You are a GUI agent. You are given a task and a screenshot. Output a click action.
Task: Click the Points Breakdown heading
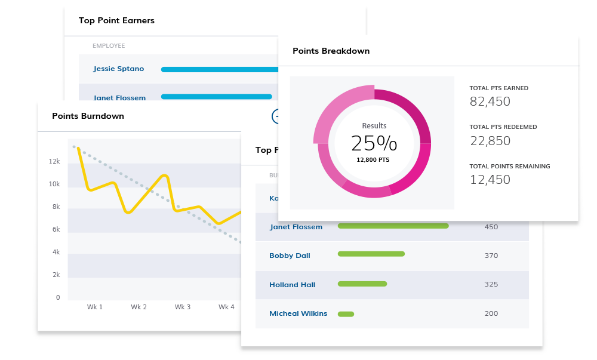[x=331, y=51]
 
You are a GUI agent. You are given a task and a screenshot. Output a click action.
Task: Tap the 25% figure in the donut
[x=374, y=143]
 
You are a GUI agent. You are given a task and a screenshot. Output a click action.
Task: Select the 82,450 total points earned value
[x=490, y=101]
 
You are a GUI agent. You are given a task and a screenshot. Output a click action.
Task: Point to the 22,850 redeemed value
[x=490, y=140]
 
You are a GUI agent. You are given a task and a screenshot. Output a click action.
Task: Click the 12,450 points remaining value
[x=490, y=179]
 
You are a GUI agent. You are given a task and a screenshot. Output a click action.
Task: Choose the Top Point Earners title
[x=116, y=20]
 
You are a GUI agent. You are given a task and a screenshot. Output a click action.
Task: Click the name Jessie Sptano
[x=118, y=69]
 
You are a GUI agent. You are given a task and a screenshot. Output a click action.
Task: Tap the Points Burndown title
[x=88, y=116]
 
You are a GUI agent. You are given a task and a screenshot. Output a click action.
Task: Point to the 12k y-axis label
[x=54, y=161]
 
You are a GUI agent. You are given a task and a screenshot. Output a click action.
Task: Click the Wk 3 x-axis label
[x=183, y=307]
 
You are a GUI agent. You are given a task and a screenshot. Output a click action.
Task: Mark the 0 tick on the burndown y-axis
[x=57, y=297]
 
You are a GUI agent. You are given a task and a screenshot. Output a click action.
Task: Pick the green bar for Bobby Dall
[x=371, y=254]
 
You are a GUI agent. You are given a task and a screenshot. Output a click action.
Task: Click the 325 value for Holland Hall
[x=491, y=284]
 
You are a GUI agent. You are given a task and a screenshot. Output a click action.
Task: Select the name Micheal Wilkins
[x=298, y=313]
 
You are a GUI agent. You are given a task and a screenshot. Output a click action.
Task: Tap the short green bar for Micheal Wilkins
[x=346, y=313]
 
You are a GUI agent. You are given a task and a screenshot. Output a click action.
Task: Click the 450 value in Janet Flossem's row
[x=491, y=227]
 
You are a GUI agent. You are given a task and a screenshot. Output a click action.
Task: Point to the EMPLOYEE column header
[x=109, y=46]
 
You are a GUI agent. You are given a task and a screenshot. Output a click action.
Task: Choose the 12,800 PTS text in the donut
[x=374, y=159]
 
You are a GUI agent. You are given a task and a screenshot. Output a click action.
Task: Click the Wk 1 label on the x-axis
[x=95, y=307]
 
